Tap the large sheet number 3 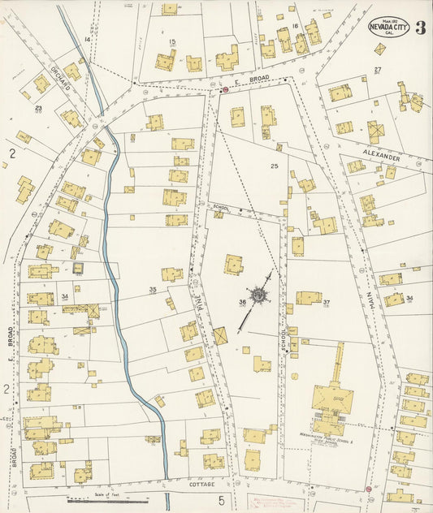click(420, 28)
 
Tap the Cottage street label click(201, 485)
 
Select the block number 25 click(275, 166)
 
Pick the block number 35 click(152, 289)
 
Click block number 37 click(326, 303)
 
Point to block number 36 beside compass click(242, 303)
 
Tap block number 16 click(296, 27)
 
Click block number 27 click(378, 70)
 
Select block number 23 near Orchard click(38, 106)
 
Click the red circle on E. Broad click(225, 91)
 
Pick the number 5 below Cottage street click(220, 500)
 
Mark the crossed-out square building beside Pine click(219, 335)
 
